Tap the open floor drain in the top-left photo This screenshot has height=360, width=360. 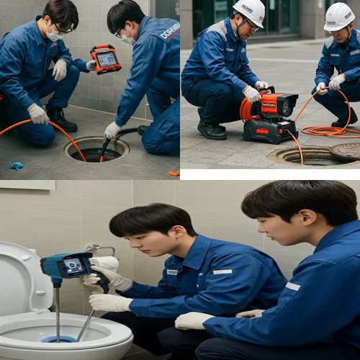coord(96,149)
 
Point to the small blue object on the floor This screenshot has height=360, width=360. coord(16,166)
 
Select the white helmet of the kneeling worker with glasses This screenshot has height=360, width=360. coord(249,12)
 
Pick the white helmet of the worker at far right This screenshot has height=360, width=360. coord(339,16)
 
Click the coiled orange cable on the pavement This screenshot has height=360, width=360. coord(325,131)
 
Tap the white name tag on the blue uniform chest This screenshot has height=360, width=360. coord(222,271)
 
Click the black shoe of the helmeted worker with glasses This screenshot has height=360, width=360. coord(212,131)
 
